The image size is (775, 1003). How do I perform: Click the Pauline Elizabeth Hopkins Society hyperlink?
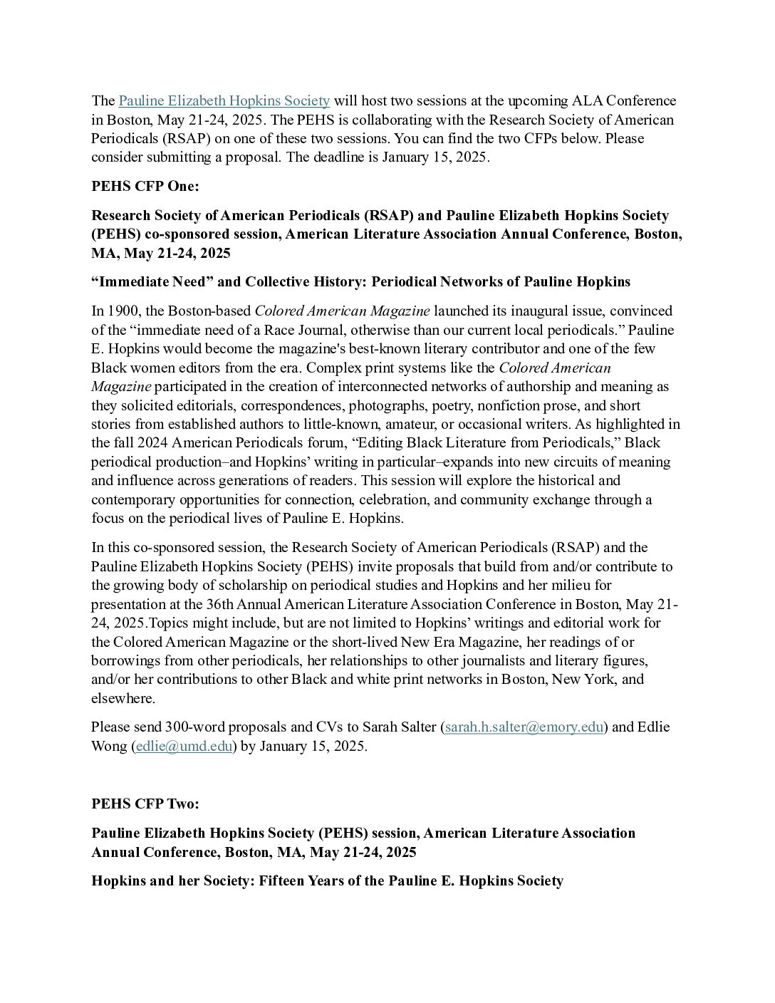tap(224, 100)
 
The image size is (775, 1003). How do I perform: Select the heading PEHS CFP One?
tap(145, 186)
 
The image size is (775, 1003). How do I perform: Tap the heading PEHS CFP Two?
tap(145, 804)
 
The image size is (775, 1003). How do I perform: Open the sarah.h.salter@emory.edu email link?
tap(524, 727)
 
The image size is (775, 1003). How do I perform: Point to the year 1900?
tap(120, 311)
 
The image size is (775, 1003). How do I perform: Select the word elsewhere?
tap(122, 698)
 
